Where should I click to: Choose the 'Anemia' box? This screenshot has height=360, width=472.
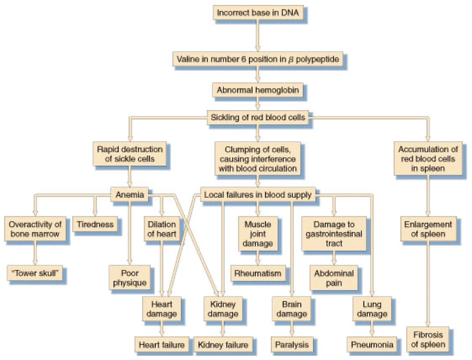point(130,195)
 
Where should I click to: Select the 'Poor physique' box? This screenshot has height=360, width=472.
point(130,278)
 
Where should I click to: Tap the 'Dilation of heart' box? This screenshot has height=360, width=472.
point(161,229)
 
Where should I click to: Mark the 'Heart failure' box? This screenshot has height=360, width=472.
point(161,344)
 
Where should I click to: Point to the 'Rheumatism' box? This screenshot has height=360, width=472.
point(257,273)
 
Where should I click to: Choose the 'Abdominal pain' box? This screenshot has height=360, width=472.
point(333,278)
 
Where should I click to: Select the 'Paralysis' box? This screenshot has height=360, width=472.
point(291,344)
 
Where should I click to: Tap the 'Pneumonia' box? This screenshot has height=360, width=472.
point(372,344)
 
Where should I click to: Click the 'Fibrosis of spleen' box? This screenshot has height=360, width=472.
point(428,340)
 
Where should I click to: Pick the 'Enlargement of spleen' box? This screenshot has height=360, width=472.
point(428,229)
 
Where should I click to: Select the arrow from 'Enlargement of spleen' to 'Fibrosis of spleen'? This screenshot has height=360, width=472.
point(428,284)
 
